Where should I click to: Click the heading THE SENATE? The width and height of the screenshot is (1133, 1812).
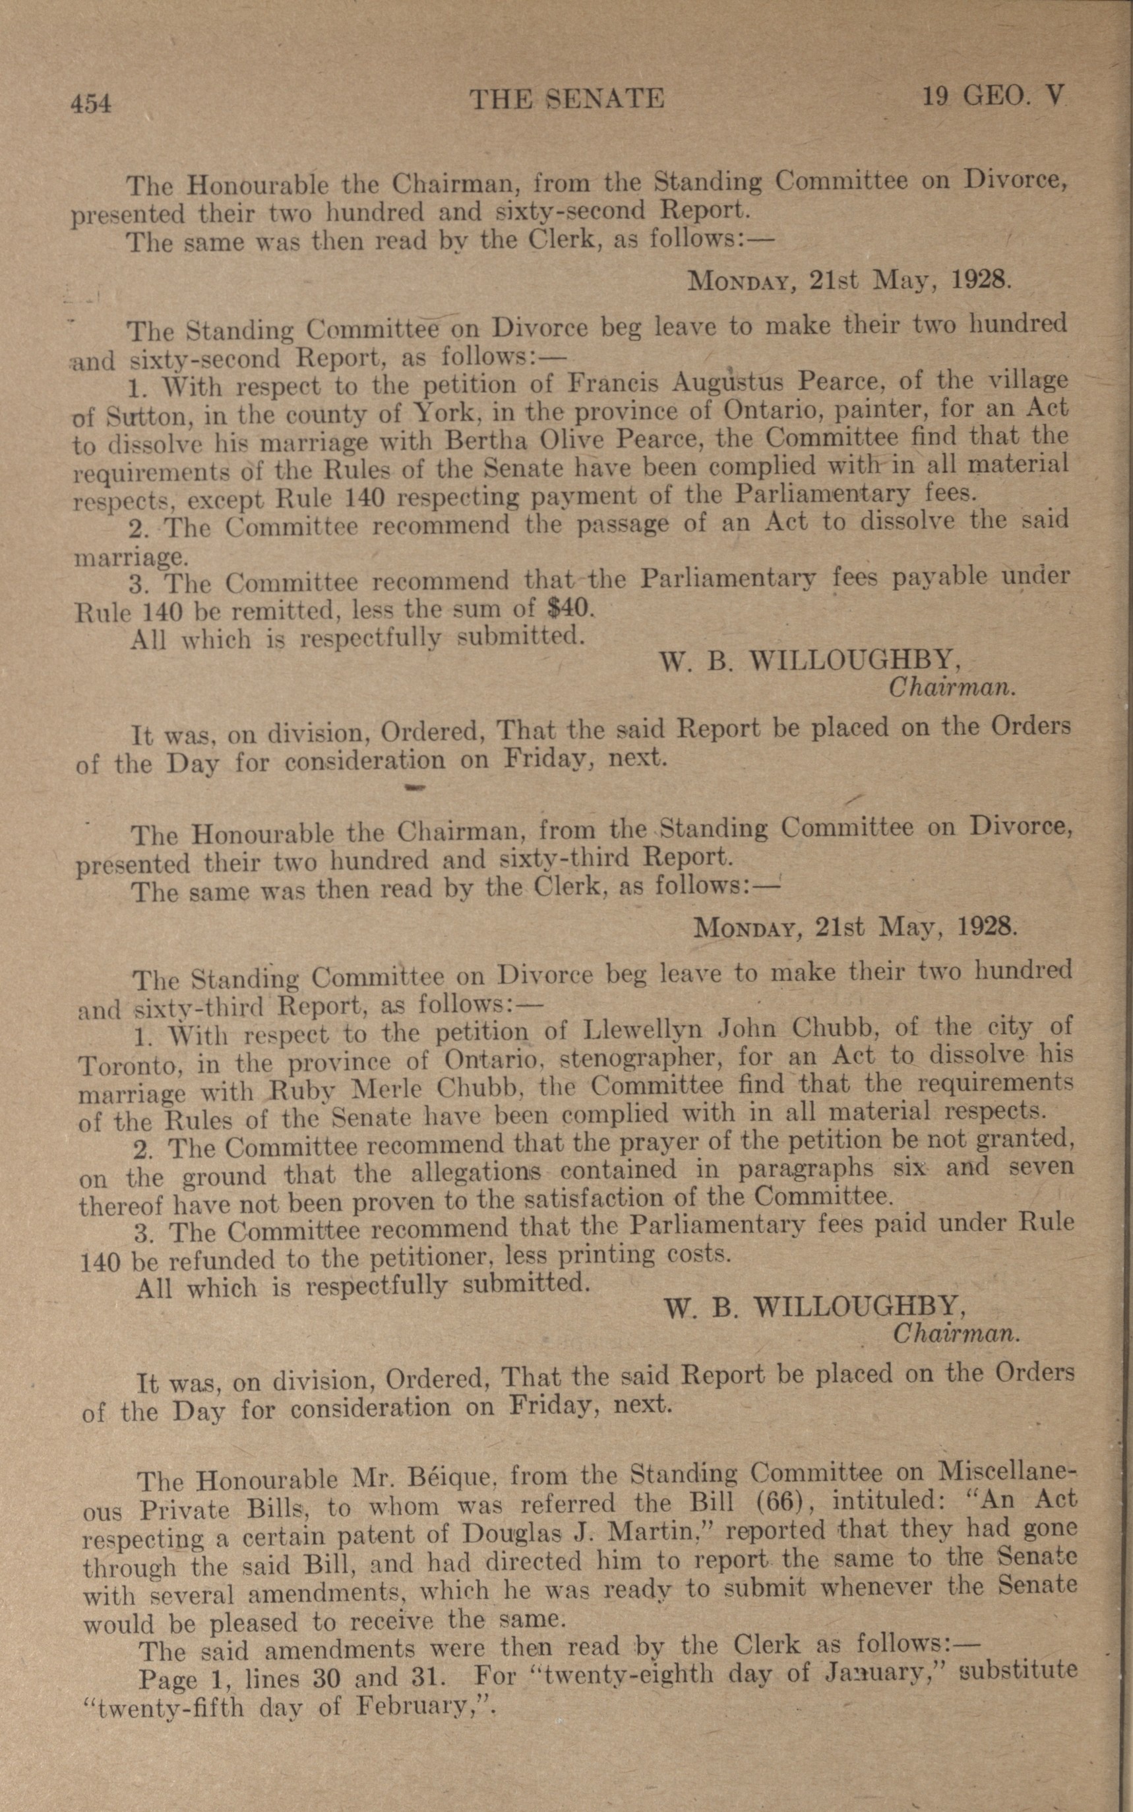[x=566, y=99]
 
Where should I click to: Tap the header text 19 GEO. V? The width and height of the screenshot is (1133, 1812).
[x=993, y=97]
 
